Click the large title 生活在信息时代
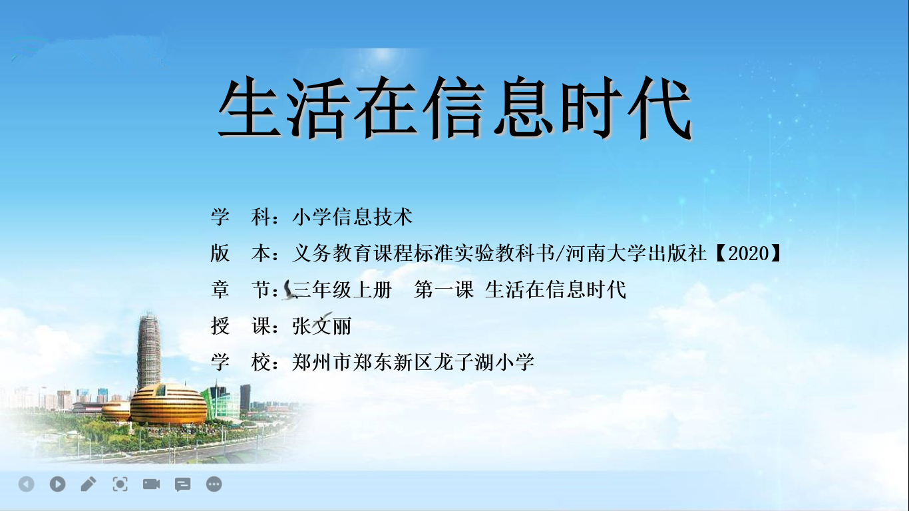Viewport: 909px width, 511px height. (454, 108)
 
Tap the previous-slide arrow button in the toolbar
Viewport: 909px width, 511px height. (27, 484)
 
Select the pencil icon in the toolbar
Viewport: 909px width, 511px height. (89, 484)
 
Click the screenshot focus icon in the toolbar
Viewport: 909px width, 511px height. (120, 484)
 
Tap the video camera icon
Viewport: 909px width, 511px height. (151, 484)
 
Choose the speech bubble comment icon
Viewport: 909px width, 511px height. (182, 484)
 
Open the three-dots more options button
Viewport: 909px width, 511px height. (214, 484)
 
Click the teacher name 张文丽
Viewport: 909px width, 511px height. (322, 325)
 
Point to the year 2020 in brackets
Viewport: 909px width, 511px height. (749, 254)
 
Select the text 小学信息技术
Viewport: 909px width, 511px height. (352, 217)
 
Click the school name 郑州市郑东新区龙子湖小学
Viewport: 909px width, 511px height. (413, 362)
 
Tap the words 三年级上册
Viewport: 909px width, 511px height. (342, 290)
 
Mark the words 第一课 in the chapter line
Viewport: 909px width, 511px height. (444, 290)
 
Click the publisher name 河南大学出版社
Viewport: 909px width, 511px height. (636, 254)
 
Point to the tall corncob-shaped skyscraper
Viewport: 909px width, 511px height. (148, 351)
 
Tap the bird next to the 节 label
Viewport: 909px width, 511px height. (289, 290)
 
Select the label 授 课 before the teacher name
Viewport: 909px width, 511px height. (240, 325)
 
